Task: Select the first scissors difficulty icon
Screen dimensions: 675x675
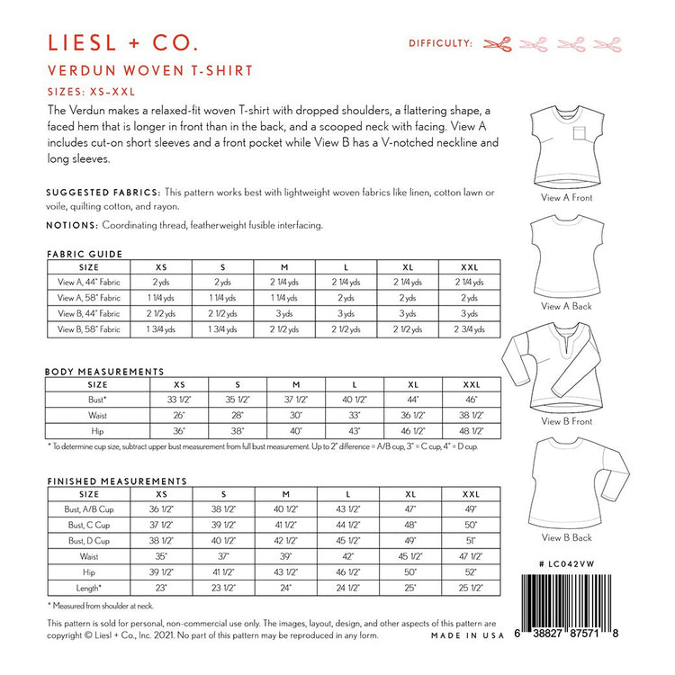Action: (x=497, y=42)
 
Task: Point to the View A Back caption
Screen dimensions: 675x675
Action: (x=567, y=306)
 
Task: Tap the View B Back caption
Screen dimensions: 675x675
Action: (x=567, y=538)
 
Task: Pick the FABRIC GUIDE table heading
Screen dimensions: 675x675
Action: (x=84, y=255)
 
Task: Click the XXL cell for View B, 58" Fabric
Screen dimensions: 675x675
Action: (x=469, y=330)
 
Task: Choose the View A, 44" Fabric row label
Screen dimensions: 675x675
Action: (x=88, y=282)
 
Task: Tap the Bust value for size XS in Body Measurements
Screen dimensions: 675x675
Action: (x=179, y=399)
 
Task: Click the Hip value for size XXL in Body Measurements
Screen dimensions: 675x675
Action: (x=469, y=431)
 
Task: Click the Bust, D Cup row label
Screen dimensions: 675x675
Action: (x=88, y=541)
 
